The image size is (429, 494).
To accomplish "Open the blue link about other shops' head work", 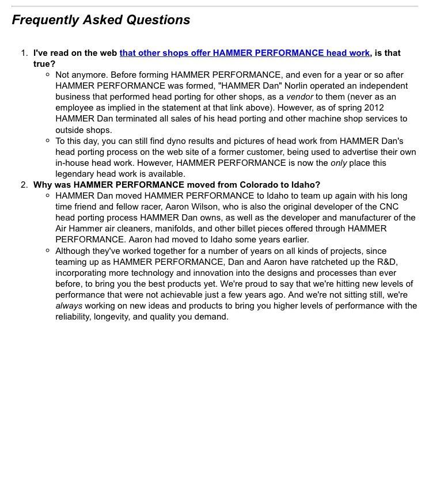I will (244, 53).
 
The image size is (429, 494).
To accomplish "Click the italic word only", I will (339, 163).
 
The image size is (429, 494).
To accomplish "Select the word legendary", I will (75, 174).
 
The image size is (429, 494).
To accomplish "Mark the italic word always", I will (69, 306).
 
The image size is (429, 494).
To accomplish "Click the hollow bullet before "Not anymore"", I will (47, 75).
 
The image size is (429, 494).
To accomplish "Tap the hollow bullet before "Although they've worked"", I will (47, 251).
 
